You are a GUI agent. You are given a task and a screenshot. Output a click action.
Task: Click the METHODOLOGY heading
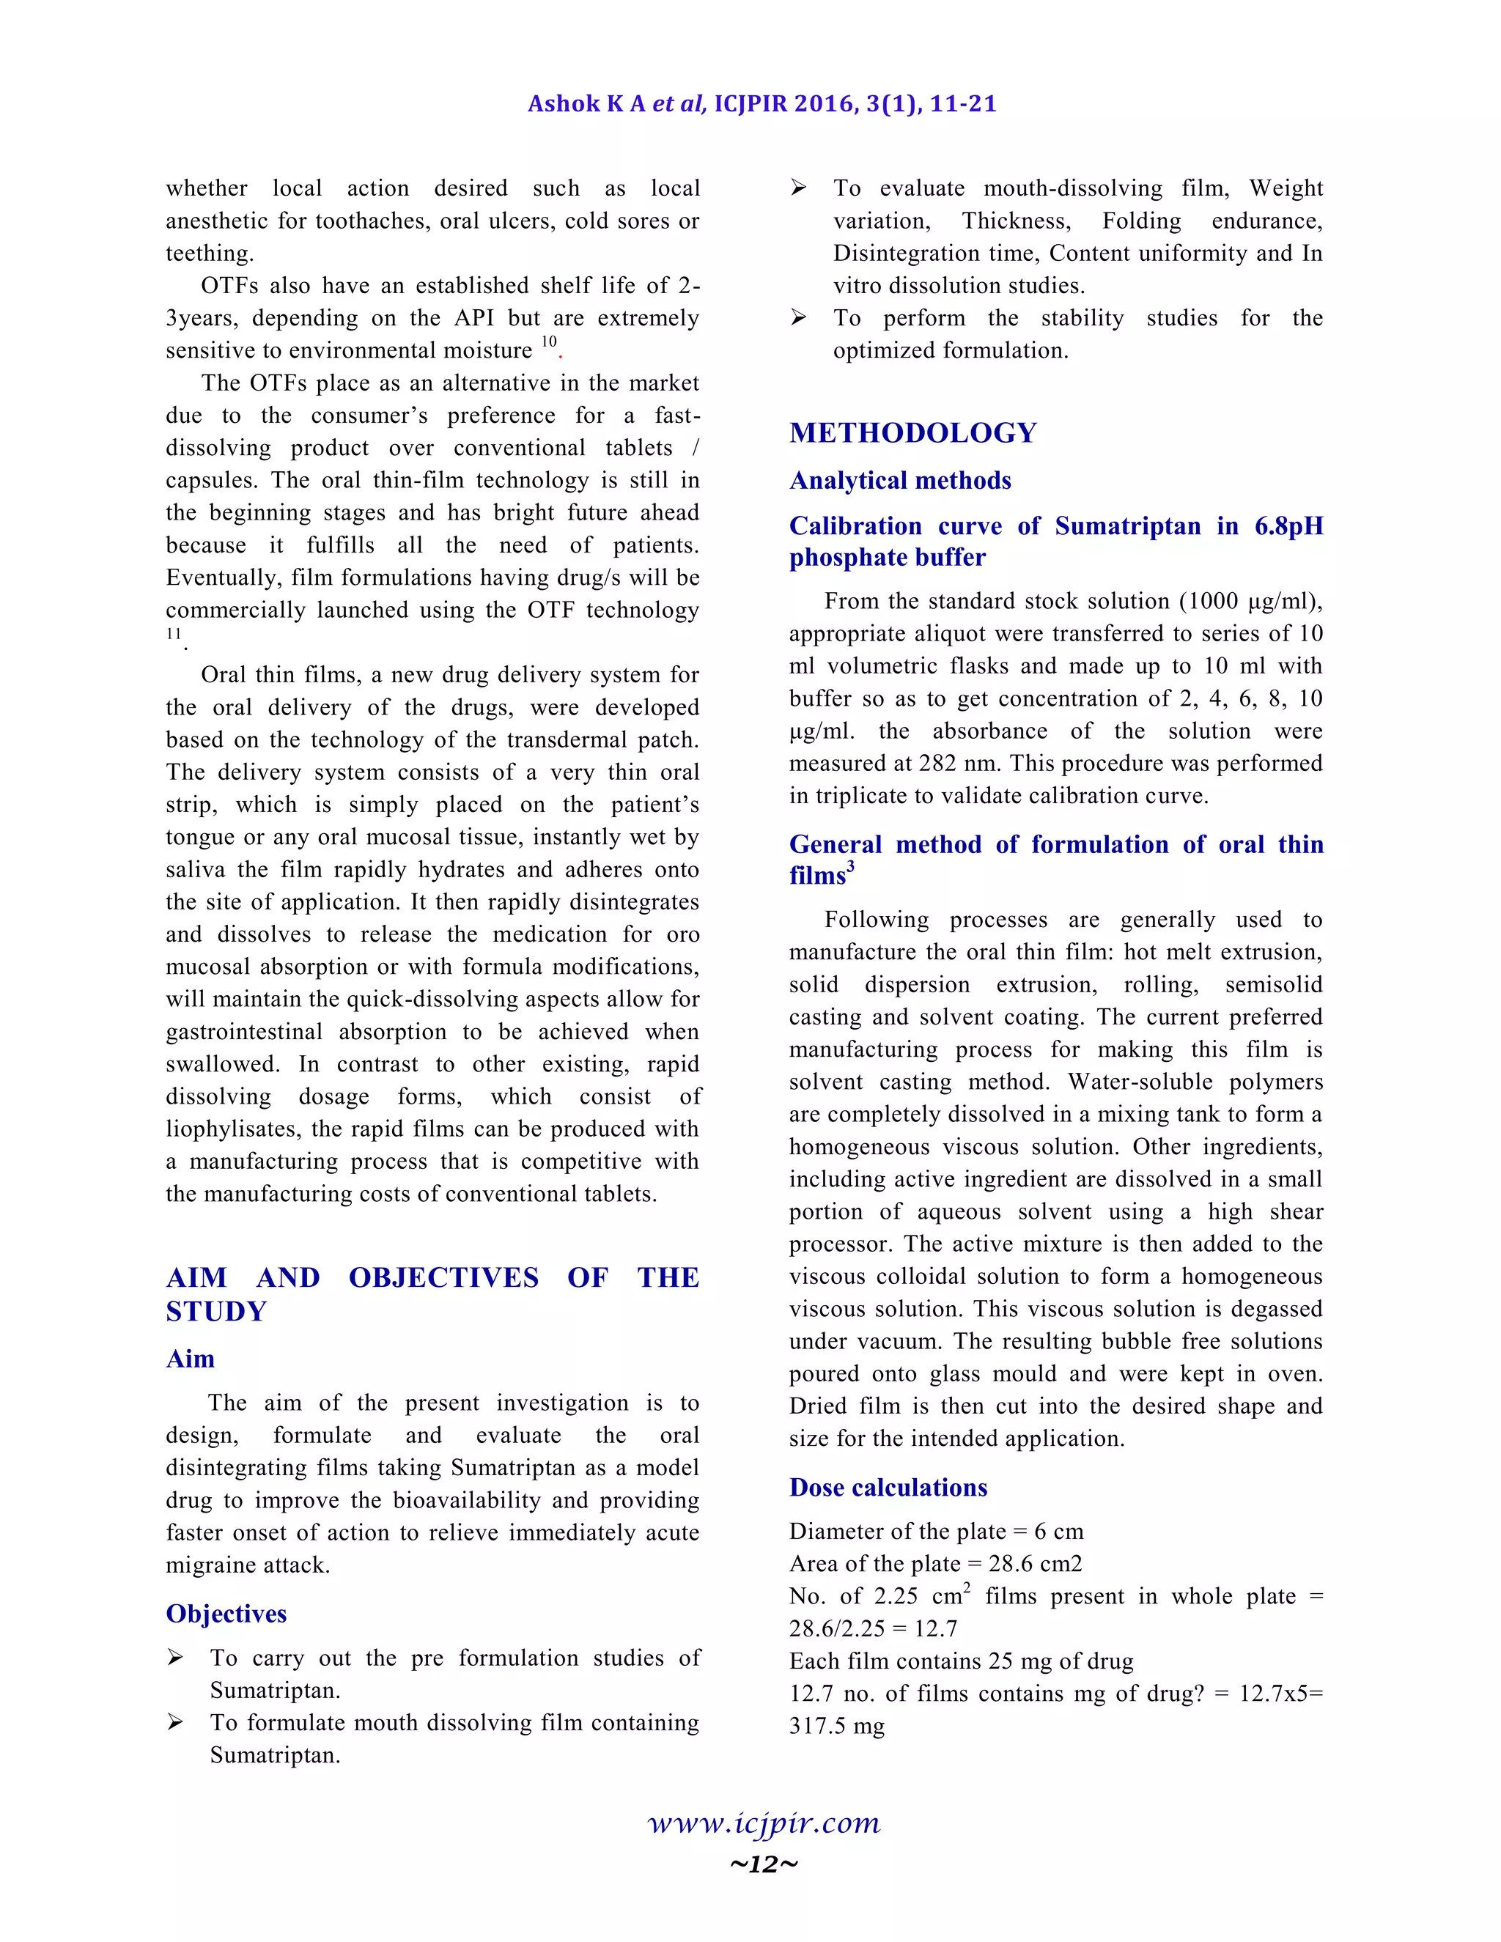[912, 433]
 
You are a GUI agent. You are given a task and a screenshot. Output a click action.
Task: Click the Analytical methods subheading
[900, 481]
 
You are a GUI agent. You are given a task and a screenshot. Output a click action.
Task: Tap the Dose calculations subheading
[888, 1488]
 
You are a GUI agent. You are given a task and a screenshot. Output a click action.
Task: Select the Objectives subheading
[226, 1614]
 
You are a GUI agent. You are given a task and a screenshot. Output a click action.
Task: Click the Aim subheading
[191, 1359]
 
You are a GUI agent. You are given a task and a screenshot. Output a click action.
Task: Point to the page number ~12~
[763, 1864]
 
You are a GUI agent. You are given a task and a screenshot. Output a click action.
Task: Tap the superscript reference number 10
[549, 341]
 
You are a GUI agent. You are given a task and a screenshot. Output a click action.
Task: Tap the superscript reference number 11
[174, 634]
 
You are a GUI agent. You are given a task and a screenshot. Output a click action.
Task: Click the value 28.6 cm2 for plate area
[1035, 1564]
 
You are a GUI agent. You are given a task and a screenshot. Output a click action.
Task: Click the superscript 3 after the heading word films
[850, 867]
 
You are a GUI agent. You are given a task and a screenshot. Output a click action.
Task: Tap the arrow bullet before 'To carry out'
[176, 1658]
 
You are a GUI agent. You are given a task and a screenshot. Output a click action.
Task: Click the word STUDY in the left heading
[216, 1312]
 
